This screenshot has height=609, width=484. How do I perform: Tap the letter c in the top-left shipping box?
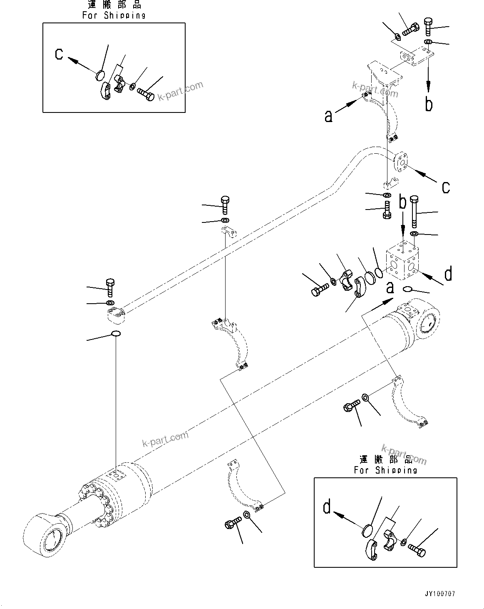[60, 54]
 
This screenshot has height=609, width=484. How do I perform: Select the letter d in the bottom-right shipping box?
[328, 507]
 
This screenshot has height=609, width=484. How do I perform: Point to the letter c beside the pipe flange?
[446, 187]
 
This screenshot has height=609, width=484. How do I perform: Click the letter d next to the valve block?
[448, 274]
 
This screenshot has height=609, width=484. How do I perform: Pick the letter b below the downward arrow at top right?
[429, 104]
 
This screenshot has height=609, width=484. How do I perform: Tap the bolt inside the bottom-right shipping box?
[417, 551]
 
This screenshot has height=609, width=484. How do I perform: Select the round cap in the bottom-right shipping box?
[367, 532]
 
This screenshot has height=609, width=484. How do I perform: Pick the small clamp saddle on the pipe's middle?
[228, 231]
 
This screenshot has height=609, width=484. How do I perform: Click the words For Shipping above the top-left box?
[114, 15]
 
